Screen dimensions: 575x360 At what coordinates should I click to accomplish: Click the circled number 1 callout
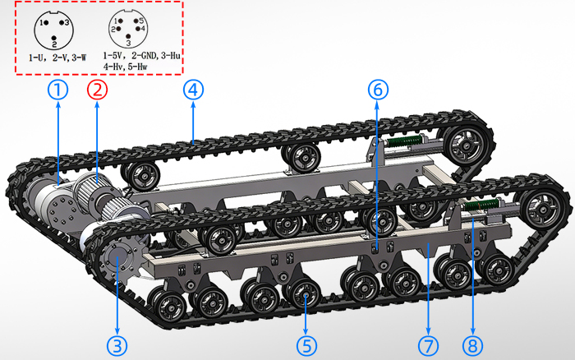click(58, 90)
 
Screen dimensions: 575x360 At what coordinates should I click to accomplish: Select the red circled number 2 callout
click(97, 90)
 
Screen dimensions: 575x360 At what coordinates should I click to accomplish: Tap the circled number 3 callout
click(117, 346)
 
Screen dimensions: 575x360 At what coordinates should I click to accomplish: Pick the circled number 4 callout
click(193, 90)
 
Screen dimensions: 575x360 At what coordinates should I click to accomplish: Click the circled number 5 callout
click(306, 346)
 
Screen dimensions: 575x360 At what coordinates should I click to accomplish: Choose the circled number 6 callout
click(378, 90)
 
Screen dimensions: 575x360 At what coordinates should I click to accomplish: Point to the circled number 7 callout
click(428, 346)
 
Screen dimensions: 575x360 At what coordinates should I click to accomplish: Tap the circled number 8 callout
click(472, 346)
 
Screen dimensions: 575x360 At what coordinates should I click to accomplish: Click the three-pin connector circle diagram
click(54, 30)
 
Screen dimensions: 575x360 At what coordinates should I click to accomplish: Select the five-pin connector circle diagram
click(128, 29)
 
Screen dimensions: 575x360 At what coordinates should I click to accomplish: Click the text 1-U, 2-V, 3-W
click(57, 58)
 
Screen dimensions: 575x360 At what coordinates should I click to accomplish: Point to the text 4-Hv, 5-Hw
click(125, 67)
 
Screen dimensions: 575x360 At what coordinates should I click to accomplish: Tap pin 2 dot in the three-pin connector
click(54, 38)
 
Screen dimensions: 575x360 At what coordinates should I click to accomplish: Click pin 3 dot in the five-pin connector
click(128, 36)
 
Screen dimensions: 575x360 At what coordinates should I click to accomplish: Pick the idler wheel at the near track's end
click(544, 209)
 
